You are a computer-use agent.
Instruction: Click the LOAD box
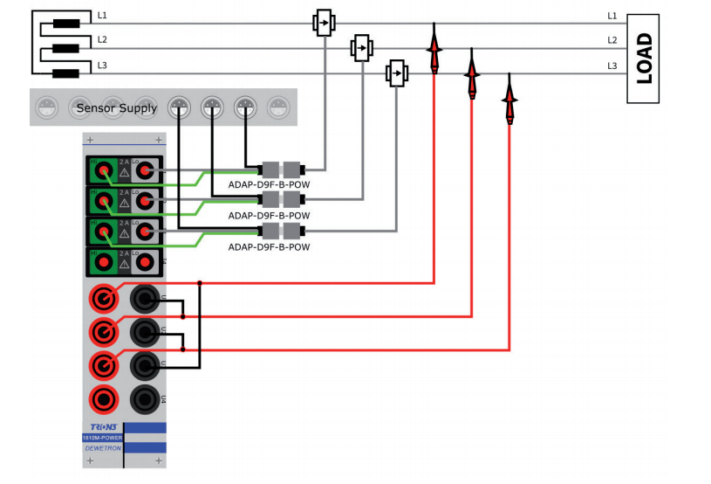(x=644, y=58)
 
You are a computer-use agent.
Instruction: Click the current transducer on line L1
(x=324, y=23)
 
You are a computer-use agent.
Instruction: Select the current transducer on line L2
(x=361, y=48)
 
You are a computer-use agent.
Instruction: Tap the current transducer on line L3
(x=397, y=73)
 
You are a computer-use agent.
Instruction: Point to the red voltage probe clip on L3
(x=509, y=99)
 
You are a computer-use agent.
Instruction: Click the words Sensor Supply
(x=117, y=108)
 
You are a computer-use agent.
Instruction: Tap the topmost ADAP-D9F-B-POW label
(x=269, y=184)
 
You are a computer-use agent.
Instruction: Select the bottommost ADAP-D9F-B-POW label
(x=269, y=247)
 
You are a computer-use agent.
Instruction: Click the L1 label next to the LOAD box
(x=612, y=16)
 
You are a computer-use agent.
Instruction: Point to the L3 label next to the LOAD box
(x=612, y=66)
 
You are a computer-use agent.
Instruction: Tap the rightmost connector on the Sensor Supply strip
(x=278, y=107)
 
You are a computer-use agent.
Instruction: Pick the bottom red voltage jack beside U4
(x=104, y=400)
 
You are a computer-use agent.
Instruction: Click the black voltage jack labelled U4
(x=144, y=400)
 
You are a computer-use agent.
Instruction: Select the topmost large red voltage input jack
(x=104, y=300)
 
